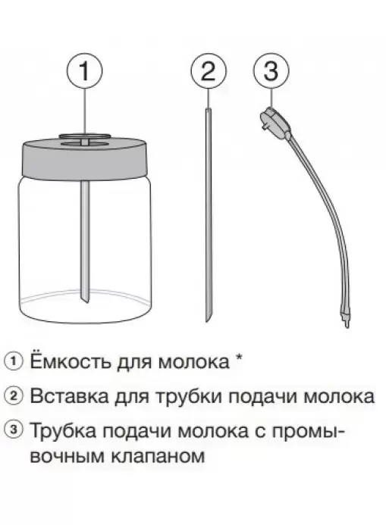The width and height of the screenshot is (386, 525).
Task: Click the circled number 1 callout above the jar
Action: (x=85, y=71)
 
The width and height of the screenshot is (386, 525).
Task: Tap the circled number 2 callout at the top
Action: (x=209, y=71)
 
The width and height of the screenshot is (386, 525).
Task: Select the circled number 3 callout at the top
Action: (x=271, y=71)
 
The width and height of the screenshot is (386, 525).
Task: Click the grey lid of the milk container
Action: (x=85, y=157)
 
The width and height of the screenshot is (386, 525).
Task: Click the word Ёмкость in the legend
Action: (x=71, y=361)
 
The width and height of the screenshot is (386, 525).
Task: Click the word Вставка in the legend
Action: (x=69, y=396)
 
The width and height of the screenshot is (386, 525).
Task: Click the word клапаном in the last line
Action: (x=157, y=456)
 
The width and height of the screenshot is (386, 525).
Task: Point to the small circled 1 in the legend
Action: (x=14, y=361)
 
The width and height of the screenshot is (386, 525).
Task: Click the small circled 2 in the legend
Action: (x=14, y=396)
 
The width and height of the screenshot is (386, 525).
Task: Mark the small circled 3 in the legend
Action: (x=14, y=430)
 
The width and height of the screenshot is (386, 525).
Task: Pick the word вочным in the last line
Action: (x=67, y=456)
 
